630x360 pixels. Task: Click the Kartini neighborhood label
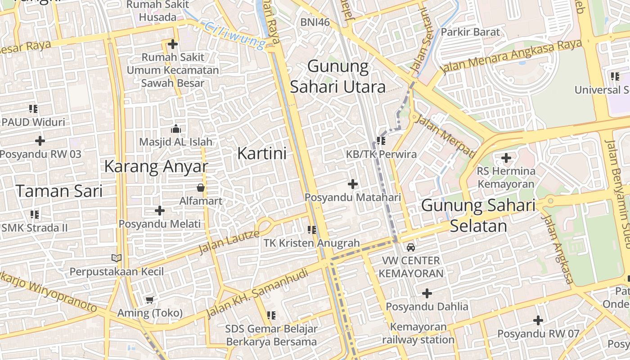tap(261, 153)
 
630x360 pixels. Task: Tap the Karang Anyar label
tap(156, 166)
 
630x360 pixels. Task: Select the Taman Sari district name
tap(59, 191)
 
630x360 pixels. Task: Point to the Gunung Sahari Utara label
tap(338, 77)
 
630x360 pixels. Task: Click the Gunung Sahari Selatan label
tap(478, 216)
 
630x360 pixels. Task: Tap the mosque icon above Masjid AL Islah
tap(175, 129)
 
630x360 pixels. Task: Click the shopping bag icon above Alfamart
tap(201, 188)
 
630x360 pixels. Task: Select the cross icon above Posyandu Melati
tap(160, 211)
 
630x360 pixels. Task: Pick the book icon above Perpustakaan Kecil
tap(117, 258)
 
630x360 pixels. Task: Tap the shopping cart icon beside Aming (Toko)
tap(149, 300)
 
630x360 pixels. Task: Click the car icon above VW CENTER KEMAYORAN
tap(411, 247)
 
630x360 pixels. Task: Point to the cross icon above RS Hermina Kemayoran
tap(506, 158)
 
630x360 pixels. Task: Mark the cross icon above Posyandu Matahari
tap(353, 184)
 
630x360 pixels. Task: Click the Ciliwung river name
tap(234, 36)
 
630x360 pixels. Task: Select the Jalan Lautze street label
tap(229, 241)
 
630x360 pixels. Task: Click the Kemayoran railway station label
tap(418, 333)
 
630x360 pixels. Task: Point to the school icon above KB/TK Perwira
tap(381, 141)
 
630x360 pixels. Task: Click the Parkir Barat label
tap(470, 32)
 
